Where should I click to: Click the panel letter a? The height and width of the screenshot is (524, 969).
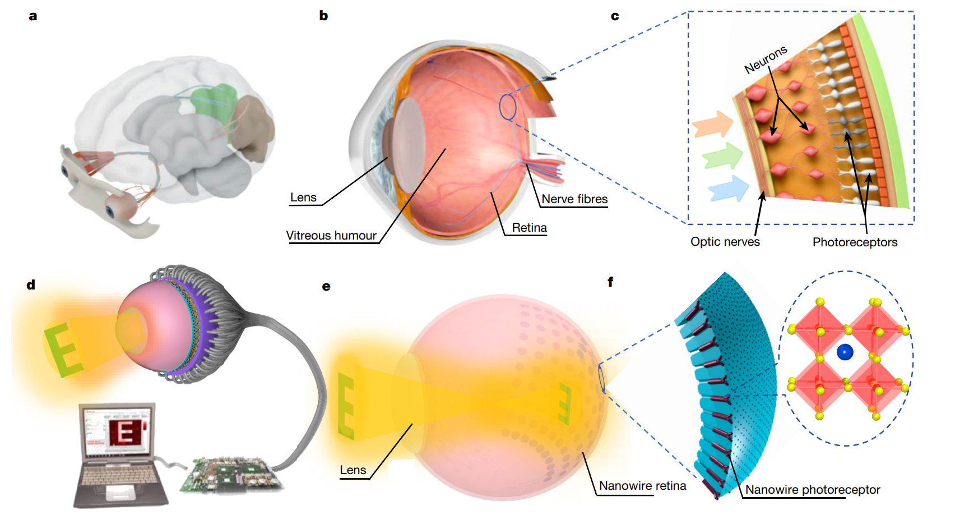[x=33, y=16]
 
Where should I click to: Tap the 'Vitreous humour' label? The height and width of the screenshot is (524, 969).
[x=331, y=236]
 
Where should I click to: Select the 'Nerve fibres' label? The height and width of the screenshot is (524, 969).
[x=574, y=199]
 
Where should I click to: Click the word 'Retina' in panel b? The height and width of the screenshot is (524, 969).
[x=529, y=228]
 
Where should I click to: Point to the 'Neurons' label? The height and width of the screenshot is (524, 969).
[x=766, y=59]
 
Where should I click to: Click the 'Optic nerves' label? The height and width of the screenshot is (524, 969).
[x=725, y=242]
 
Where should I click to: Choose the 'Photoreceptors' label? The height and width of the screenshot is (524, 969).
[x=855, y=242]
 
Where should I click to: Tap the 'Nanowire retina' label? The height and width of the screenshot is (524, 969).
[x=642, y=486]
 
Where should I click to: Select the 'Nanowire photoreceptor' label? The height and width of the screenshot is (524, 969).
[x=812, y=490]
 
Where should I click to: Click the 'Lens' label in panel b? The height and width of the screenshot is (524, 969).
[x=303, y=197]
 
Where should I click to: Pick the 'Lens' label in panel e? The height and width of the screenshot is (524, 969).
[x=353, y=470]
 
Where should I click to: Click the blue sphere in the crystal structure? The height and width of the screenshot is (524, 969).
[x=845, y=352]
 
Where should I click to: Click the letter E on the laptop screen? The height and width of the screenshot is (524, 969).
[x=124, y=432]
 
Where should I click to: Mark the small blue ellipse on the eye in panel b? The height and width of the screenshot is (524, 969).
[x=507, y=107]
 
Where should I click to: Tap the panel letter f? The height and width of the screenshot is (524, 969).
[x=610, y=282]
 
